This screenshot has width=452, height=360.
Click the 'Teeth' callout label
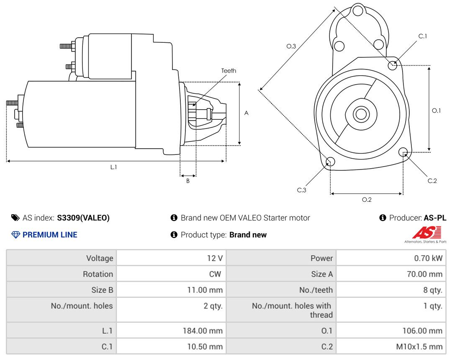pos(229,71)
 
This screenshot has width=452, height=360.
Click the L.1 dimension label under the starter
pos(113,167)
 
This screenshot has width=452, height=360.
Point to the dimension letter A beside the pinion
pos(246,113)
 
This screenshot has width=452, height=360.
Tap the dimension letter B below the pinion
pos(188,181)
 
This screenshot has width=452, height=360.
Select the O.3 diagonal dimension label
pos(291,46)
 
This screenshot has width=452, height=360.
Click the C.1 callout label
pos(423,36)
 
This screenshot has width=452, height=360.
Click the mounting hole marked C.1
pos(393,65)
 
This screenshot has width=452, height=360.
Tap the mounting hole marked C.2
pos(403,152)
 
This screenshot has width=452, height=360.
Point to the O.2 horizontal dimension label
pos(367,200)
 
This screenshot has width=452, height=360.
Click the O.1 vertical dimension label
pos(437,111)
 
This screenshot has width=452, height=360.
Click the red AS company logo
pos(426,232)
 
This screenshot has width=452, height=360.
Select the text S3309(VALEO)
pos(83,218)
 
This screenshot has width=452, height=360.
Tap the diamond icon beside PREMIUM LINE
pos(15,235)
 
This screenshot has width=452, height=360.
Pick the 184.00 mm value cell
pos(203,331)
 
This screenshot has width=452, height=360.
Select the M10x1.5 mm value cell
pos(420,347)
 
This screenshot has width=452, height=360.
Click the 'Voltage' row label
pos(100,258)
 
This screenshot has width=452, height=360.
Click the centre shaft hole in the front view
pos(360,114)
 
